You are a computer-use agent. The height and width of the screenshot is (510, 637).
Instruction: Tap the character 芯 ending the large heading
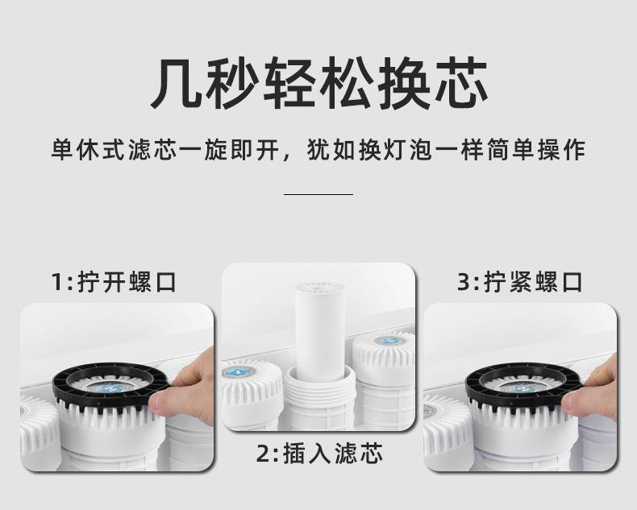pyautogui.click(x=460, y=82)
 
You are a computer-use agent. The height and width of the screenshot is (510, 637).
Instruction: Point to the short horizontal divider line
pyautogui.click(x=318, y=194)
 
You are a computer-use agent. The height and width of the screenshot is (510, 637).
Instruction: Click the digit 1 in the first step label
pyautogui.click(x=58, y=282)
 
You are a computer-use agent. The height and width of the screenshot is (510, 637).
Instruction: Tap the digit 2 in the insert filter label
pyautogui.click(x=263, y=454)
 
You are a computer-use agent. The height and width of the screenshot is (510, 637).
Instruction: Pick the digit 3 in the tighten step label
pyautogui.click(x=464, y=282)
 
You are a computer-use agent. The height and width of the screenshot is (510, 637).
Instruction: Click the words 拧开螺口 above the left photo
pyautogui.click(x=127, y=282)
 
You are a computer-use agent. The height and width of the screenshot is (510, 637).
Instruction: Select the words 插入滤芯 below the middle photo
pyautogui.click(x=333, y=454)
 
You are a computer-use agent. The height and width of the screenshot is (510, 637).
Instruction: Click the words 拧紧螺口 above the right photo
pyautogui.click(x=533, y=282)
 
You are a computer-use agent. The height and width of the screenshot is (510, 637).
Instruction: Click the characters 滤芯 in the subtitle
pyautogui.click(x=152, y=150)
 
